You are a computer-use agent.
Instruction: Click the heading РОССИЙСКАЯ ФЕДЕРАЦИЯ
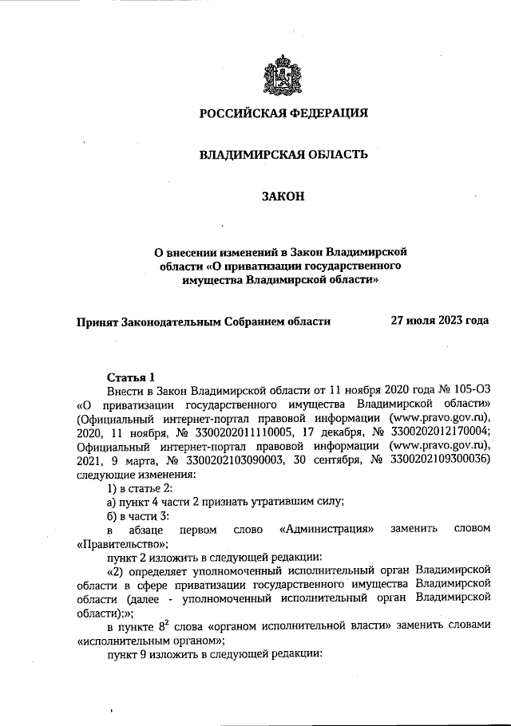click(283, 113)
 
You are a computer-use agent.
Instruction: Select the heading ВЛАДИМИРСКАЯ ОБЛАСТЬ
click(283, 154)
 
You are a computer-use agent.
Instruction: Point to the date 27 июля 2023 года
click(439, 321)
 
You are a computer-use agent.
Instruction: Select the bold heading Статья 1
click(130, 377)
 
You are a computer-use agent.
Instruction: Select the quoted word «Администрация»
click(328, 529)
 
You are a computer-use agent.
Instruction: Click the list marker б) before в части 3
click(113, 515)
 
